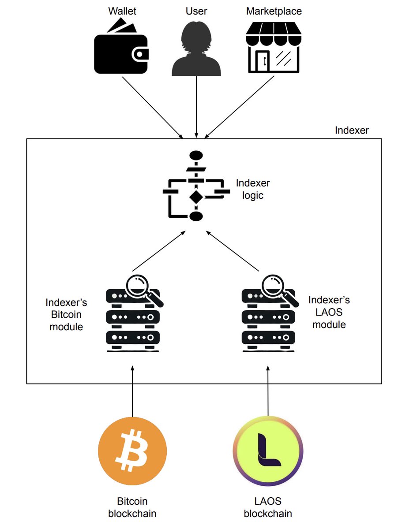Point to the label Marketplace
coord(274,11)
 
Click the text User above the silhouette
coord(196,11)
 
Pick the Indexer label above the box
coord(352,130)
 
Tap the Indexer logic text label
coord(253,189)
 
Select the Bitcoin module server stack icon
coord(132,315)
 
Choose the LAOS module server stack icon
coord(268,315)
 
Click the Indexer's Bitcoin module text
coord(66,315)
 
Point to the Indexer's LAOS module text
coord(329,312)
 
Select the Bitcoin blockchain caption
coord(132,507)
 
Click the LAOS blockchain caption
coord(268,507)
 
